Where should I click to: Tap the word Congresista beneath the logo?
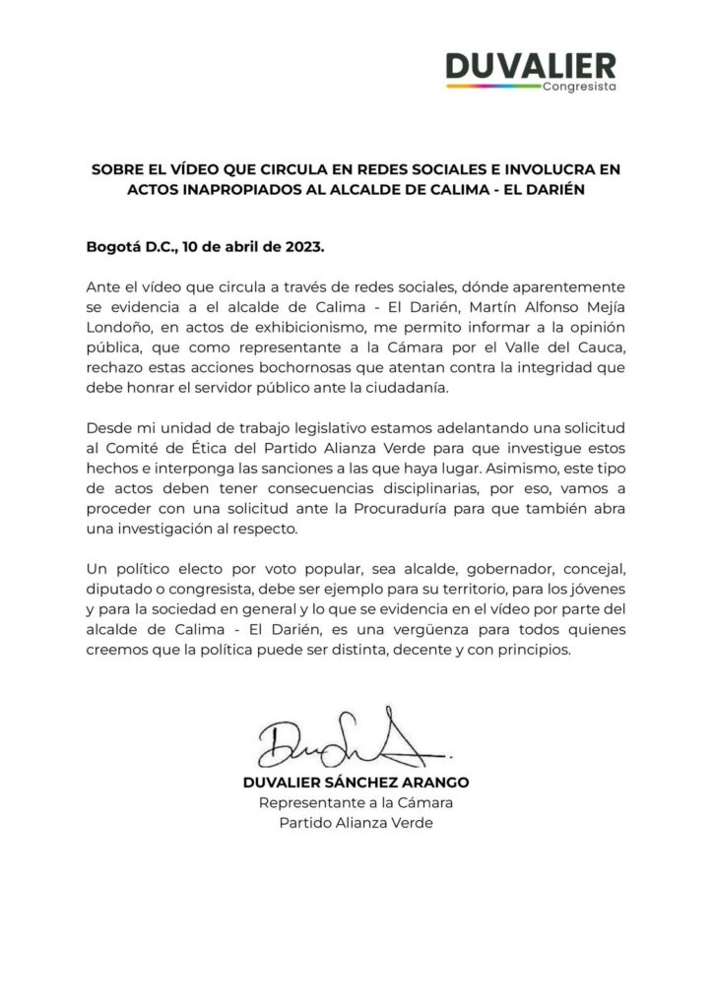point(579,87)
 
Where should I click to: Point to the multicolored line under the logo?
point(492,87)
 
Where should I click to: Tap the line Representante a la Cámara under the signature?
point(356,803)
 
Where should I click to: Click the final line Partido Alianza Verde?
point(356,823)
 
